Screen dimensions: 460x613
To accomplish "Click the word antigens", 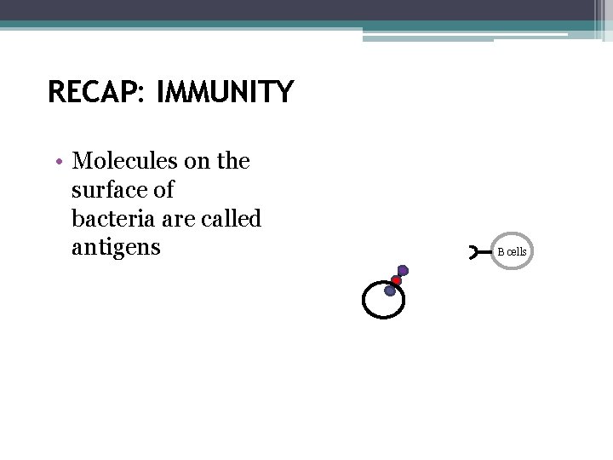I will pyautogui.click(x=116, y=249).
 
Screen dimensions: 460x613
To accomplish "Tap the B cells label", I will pyautogui.click(x=513, y=252).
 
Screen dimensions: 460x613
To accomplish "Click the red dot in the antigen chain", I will pyautogui.click(x=397, y=280).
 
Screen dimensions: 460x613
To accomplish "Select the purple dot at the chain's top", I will pyautogui.click(x=403, y=271).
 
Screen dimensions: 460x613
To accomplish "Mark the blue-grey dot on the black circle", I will pyautogui.click(x=390, y=290).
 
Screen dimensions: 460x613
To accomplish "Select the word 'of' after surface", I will pyautogui.click(x=163, y=190).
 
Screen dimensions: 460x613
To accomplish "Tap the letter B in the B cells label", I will pyautogui.click(x=501, y=252).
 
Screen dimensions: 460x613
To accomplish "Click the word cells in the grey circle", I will pyautogui.click(x=517, y=252).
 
